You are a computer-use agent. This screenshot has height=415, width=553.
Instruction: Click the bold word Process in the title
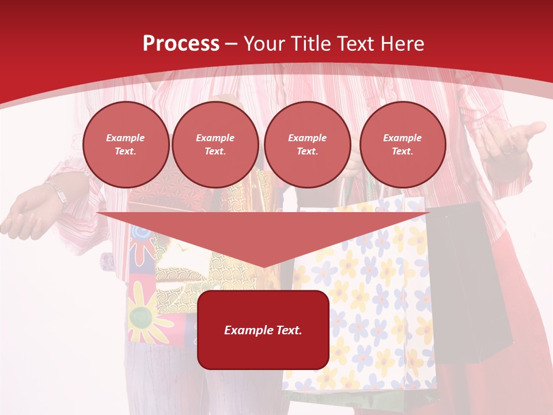click(x=181, y=44)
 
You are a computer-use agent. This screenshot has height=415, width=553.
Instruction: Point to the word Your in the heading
click(x=263, y=44)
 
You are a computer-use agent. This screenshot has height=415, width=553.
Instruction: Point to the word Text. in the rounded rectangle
click(x=287, y=330)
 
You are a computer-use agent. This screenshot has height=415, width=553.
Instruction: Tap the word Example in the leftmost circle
click(x=126, y=138)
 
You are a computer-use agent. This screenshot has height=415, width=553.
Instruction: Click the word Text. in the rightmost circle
click(x=402, y=151)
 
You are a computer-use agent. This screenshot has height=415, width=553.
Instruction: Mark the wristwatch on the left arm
click(x=58, y=194)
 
